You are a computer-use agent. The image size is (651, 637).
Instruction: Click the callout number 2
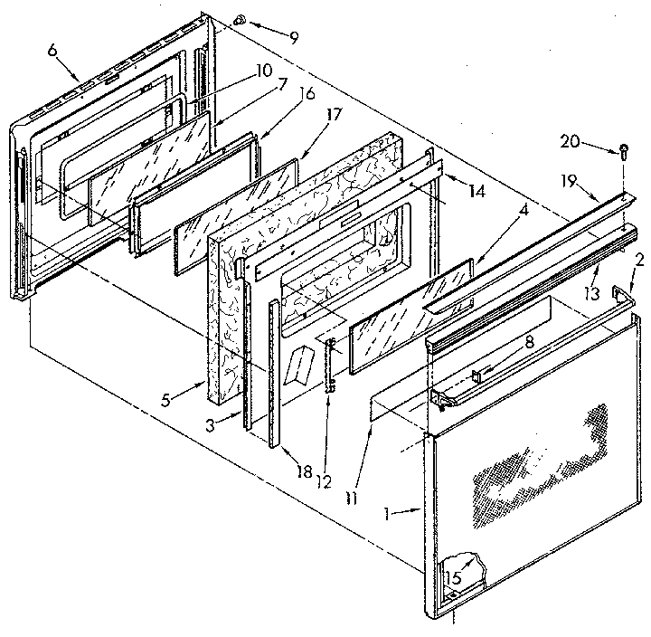click(639, 259)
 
